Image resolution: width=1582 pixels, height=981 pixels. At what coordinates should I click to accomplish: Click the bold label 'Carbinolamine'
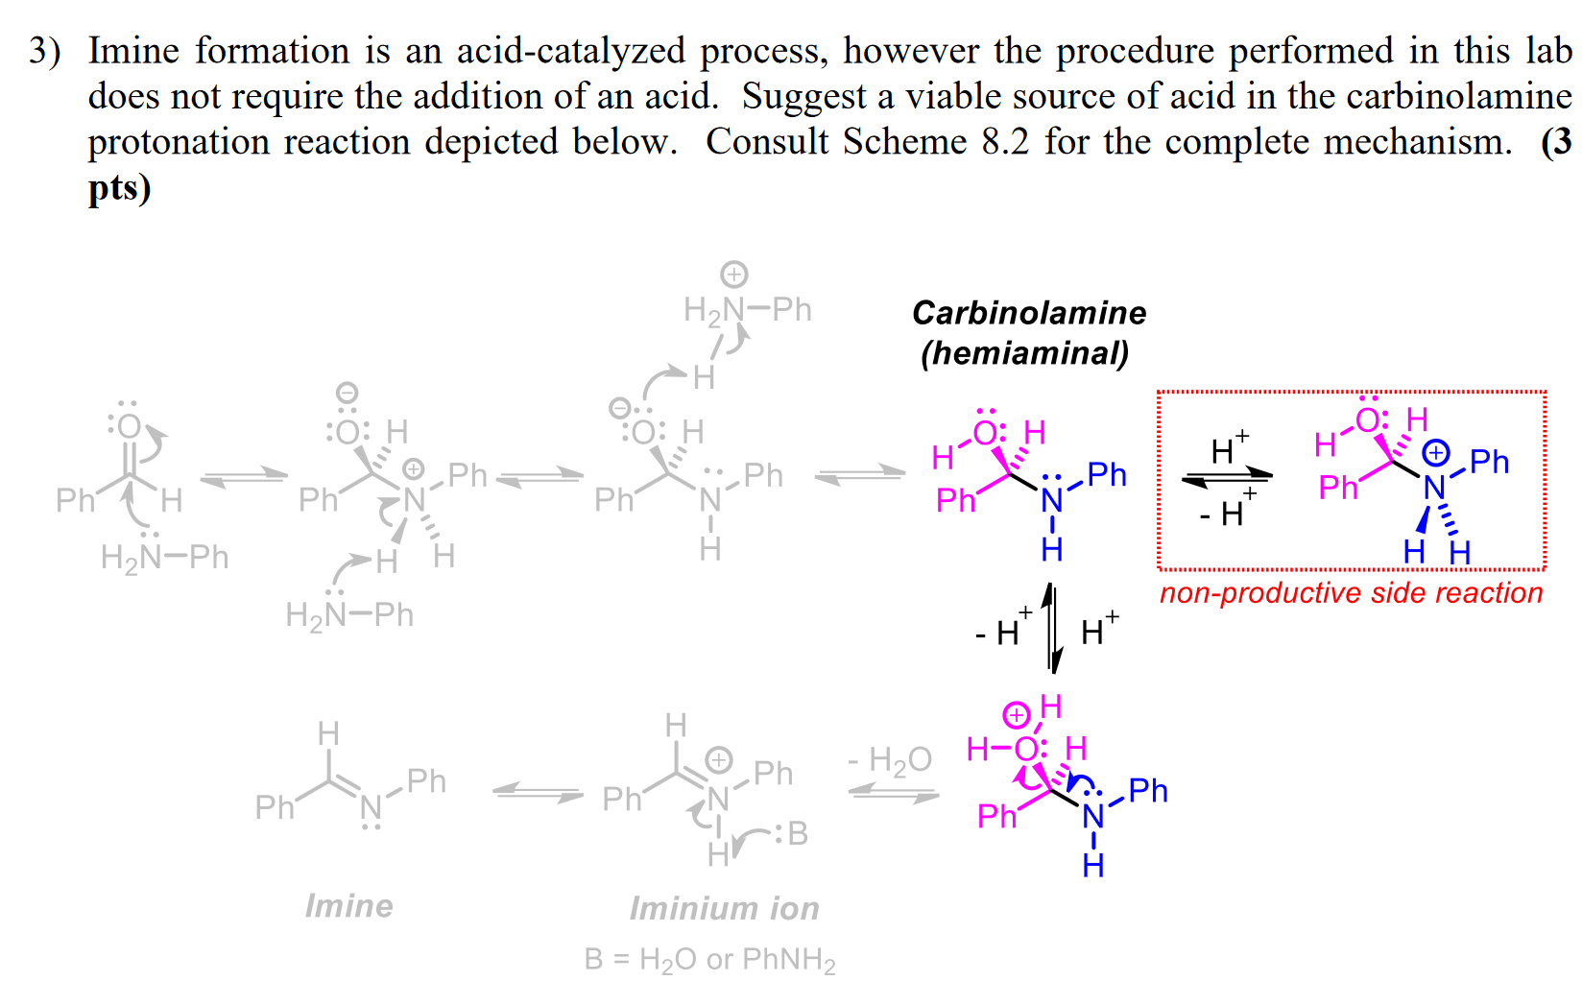[1029, 313]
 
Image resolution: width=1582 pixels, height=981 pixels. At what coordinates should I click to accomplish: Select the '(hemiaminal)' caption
[1024, 353]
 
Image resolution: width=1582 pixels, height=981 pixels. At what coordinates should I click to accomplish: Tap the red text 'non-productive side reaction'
[1351, 593]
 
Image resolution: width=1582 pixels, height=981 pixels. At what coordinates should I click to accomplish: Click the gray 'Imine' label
[348, 905]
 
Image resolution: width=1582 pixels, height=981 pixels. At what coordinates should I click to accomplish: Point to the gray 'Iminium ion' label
[724, 908]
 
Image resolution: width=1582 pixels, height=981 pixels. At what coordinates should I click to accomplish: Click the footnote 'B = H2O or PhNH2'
[709, 959]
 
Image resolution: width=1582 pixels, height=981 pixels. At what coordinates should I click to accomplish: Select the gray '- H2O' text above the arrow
[890, 760]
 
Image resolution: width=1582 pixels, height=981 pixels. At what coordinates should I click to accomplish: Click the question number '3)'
[44, 51]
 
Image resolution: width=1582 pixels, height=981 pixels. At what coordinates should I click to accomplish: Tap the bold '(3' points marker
[1556, 142]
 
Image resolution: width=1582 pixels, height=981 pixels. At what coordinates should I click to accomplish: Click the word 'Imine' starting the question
[133, 51]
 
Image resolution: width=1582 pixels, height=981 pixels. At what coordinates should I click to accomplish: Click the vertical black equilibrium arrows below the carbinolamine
[1053, 629]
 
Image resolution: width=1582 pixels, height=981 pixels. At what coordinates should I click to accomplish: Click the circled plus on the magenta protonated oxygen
[1016, 715]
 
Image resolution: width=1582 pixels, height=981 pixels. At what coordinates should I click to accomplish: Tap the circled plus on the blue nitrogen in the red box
[1436, 452]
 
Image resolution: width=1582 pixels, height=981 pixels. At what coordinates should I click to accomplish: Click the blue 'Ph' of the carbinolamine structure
[1107, 474]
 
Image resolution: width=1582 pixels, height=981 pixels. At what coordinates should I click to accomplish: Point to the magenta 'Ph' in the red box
[1338, 488]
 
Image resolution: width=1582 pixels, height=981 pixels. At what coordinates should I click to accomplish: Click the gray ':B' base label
[794, 834]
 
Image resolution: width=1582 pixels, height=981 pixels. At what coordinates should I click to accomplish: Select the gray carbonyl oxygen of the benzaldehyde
[130, 426]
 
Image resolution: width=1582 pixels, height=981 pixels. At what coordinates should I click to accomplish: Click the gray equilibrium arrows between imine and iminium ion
[538, 793]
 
